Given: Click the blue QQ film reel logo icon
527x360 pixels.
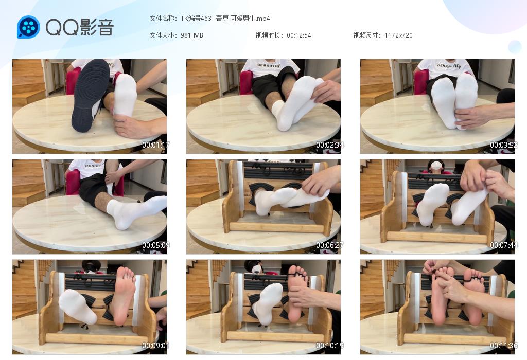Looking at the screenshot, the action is [x=29, y=27].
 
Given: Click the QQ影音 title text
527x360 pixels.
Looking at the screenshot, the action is [x=80, y=27].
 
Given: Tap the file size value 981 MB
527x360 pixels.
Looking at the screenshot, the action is [x=191, y=35].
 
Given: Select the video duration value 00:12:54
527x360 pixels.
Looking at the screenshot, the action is [x=299, y=35].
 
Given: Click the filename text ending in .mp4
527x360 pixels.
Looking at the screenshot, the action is [x=225, y=19].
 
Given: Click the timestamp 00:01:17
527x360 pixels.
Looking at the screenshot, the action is [x=155, y=145].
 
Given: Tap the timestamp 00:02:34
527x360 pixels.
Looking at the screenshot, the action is [x=330, y=145].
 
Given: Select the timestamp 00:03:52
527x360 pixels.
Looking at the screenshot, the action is [x=503, y=145].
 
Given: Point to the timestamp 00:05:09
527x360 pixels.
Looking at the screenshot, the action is [x=155, y=245].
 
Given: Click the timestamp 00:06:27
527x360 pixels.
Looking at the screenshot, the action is [x=330, y=245].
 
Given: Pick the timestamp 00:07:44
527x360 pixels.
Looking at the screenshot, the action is [x=503, y=245].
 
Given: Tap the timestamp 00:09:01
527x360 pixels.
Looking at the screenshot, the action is [x=155, y=345].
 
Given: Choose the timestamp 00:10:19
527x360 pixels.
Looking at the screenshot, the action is [x=330, y=345].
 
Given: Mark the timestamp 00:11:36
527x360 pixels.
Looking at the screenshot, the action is [x=503, y=345].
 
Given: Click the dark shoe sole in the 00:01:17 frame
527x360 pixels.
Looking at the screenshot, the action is [x=91, y=96].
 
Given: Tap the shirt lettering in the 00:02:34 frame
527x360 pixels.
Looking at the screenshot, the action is [x=269, y=65].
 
